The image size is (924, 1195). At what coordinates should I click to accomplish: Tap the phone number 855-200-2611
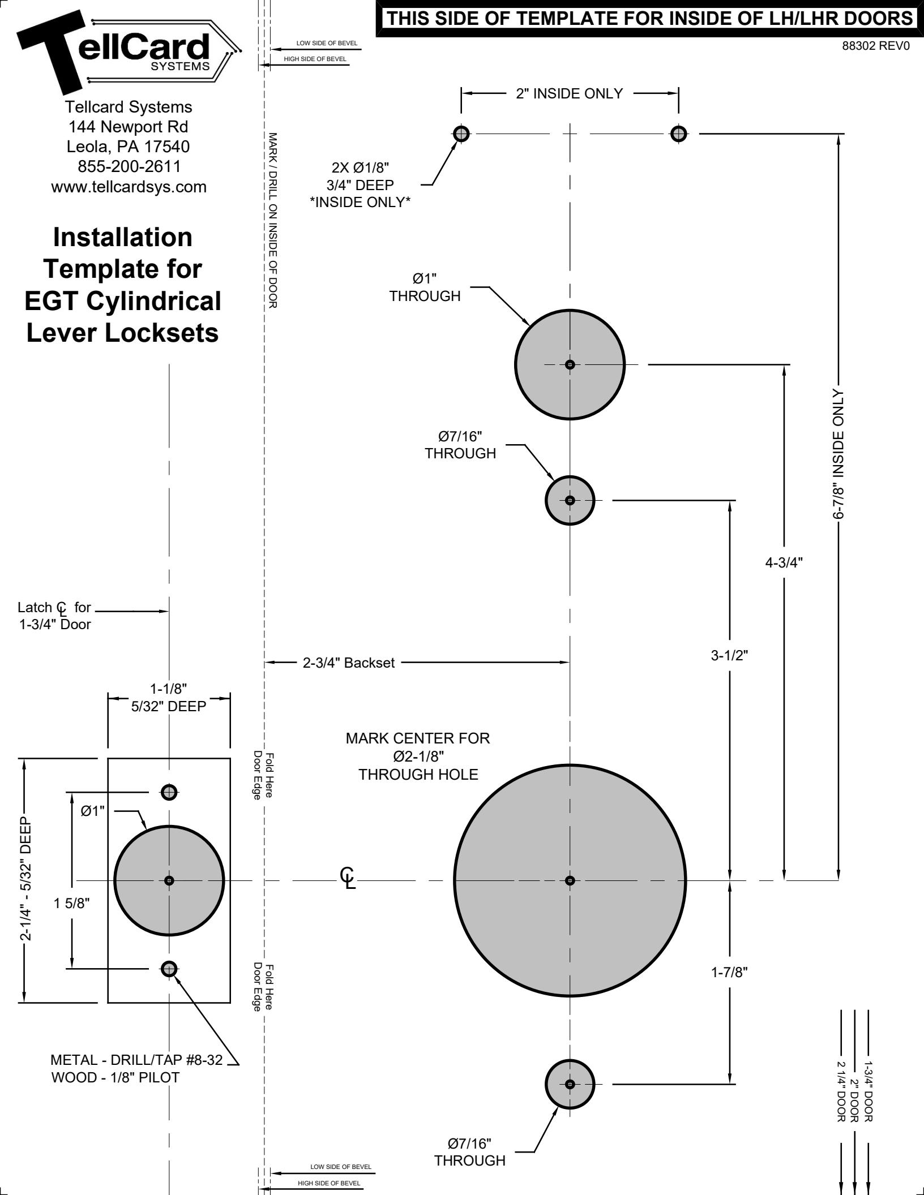(x=129, y=167)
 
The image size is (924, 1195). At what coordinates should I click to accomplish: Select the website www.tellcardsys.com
(x=129, y=187)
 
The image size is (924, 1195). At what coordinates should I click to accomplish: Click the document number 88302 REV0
(x=876, y=47)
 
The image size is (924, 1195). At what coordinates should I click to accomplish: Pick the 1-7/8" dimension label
(x=730, y=972)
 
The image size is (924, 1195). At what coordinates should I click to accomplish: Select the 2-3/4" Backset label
(x=349, y=663)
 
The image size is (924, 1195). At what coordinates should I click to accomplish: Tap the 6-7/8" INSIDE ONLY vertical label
(x=837, y=454)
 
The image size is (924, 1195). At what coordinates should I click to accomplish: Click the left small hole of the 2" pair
(x=461, y=134)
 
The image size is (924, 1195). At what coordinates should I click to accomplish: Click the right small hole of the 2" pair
(x=678, y=134)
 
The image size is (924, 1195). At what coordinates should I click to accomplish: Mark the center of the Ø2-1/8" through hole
(x=570, y=880)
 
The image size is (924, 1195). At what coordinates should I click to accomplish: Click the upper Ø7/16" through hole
(x=570, y=500)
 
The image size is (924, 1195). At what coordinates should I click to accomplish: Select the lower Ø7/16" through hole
(x=570, y=1084)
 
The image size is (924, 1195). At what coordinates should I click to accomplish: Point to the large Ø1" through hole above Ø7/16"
(x=570, y=364)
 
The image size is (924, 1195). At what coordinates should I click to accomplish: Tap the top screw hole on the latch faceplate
(x=169, y=792)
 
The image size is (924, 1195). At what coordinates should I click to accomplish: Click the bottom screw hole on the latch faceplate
(x=169, y=969)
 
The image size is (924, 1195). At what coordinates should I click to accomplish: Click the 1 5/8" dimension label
(x=72, y=903)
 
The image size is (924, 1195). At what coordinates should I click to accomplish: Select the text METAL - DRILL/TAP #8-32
(x=136, y=1060)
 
